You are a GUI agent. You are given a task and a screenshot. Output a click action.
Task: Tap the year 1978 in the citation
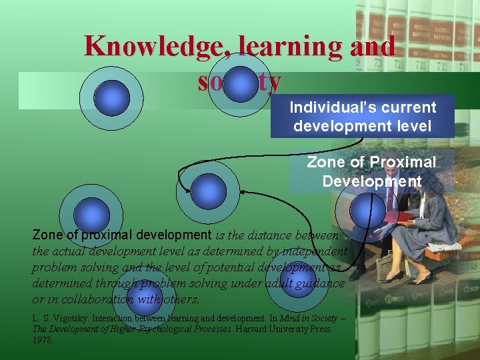coord(43,339)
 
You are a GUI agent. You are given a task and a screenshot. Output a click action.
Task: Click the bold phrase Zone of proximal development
coord(121,235)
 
